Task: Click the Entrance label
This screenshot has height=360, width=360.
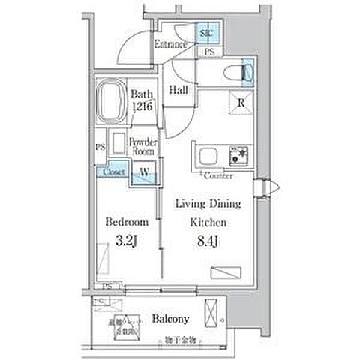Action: click(x=170, y=45)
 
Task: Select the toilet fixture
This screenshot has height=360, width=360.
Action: click(x=240, y=72)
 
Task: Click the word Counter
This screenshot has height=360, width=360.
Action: click(x=217, y=176)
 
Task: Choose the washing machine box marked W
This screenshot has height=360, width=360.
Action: click(x=143, y=172)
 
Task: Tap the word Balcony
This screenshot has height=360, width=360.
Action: click(x=171, y=318)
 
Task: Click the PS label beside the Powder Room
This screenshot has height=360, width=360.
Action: click(x=100, y=148)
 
